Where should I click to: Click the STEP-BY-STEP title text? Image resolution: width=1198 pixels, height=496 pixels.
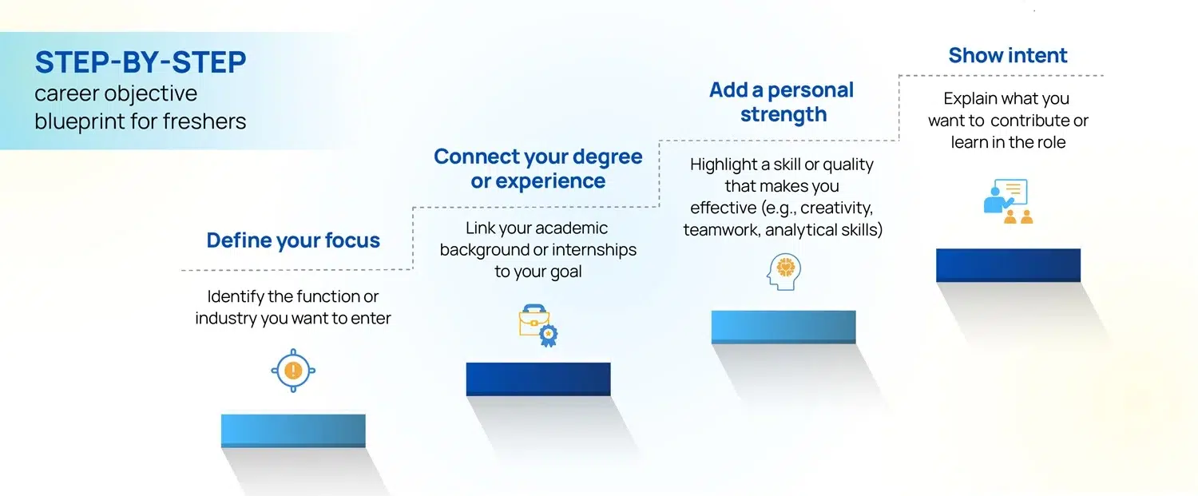pyautogui.click(x=140, y=62)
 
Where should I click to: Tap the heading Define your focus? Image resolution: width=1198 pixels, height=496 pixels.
pyautogui.click(x=293, y=240)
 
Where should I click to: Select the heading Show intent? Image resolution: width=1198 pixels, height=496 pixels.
pyautogui.click(x=1008, y=55)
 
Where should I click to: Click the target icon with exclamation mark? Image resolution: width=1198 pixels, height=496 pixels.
pyautogui.click(x=293, y=370)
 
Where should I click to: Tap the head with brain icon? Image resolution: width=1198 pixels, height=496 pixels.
pyautogui.click(x=783, y=272)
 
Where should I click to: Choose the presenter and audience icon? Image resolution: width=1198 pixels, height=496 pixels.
pyautogui.click(x=1007, y=201)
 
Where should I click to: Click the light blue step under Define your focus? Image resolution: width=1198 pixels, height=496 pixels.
pyautogui.click(x=293, y=431)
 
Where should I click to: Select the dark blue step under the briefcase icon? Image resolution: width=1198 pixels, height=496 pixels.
pyautogui.click(x=538, y=379)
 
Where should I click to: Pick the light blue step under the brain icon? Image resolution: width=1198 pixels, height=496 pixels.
pyautogui.click(x=783, y=327)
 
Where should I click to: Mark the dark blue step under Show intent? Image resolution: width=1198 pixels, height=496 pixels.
pyautogui.click(x=1008, y=265)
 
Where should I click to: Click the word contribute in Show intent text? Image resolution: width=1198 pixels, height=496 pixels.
pyautogui.click(x=1029, y=121)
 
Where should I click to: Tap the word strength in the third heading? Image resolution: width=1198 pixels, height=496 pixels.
pyautogui.click(x=783, y=114)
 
